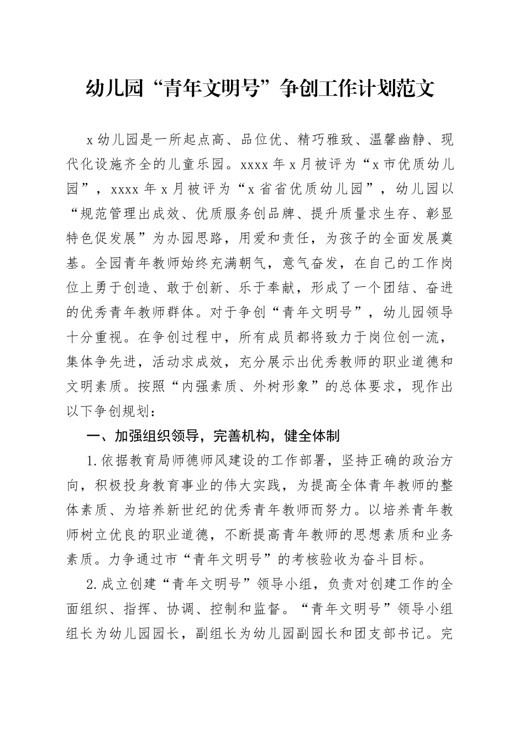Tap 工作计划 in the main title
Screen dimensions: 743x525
click(x=363, y=89)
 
